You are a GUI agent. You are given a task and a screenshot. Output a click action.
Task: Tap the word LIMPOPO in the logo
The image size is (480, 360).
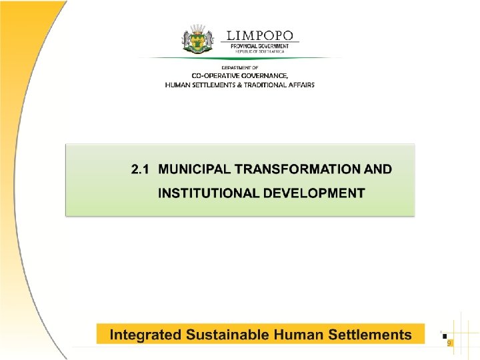[x=260, y=35]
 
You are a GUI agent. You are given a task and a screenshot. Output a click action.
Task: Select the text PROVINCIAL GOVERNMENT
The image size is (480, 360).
[x=260, y=45]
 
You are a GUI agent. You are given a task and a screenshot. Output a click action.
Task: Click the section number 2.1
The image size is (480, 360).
[x=139, y=169]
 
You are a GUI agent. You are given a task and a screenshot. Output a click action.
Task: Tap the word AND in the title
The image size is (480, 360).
[x=378, y=169]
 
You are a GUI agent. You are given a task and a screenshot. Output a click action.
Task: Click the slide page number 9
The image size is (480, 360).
[x=449, y=342]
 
